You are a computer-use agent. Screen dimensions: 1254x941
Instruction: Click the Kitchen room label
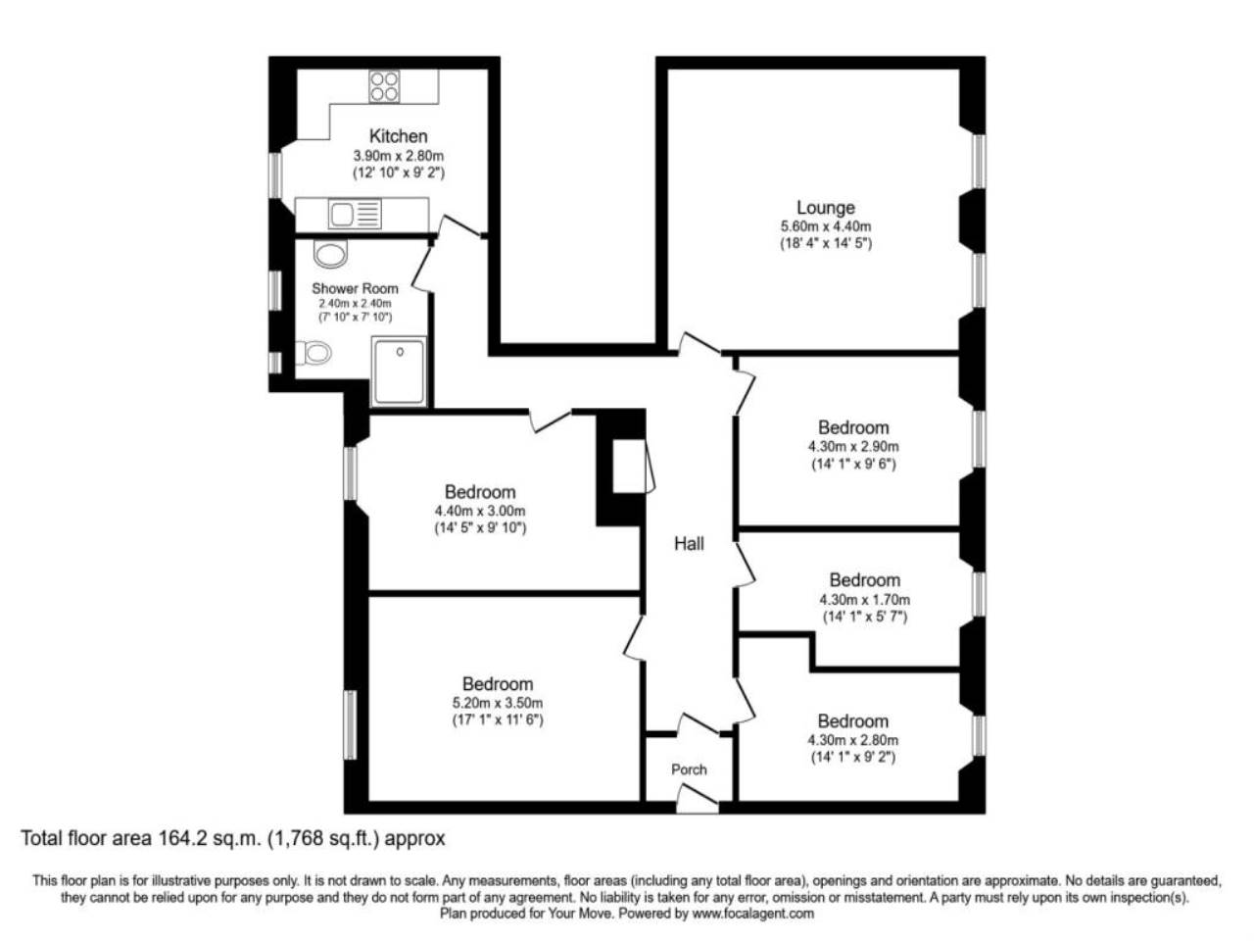point(398,136)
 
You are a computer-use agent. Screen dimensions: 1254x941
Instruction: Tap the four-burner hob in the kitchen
point(383,86)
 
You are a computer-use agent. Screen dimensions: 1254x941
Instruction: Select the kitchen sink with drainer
point(355,215)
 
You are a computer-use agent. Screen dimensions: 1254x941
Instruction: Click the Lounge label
point(825,208)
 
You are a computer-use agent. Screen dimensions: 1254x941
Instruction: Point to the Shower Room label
point(355,288)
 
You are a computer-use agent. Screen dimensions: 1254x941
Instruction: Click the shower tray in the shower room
point(399,371)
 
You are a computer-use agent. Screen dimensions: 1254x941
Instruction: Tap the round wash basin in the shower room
point(330,253)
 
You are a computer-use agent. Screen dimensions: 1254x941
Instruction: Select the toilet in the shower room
point(313,353)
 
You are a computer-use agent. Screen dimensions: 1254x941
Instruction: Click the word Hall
point(689,543)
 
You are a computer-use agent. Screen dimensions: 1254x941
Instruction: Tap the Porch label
point(689,769)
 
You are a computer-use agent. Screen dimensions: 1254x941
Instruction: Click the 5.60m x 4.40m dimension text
point(826,226)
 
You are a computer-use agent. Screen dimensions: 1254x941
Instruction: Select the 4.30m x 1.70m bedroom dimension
point(864,600)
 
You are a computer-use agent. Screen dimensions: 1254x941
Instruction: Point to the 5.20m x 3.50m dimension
point(497,703)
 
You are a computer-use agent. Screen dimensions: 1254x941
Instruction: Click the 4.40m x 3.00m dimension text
point(480,511)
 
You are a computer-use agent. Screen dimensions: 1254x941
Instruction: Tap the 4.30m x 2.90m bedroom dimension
point(853,446)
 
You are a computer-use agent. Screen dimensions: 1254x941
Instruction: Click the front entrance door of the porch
point(697,799)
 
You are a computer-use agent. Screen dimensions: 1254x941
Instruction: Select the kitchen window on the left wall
point(275,174)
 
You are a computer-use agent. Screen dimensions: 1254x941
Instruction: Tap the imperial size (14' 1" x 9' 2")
point(853,757)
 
